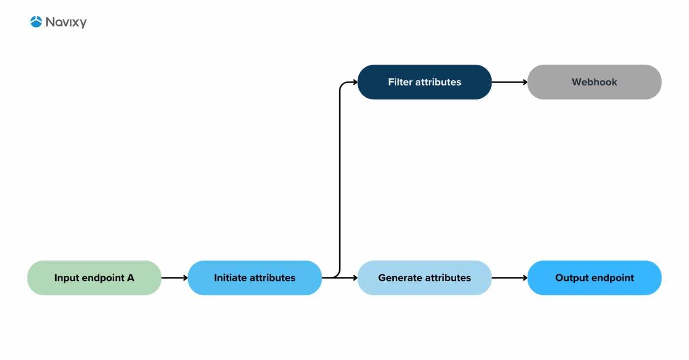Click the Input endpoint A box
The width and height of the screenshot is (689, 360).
point(94,278)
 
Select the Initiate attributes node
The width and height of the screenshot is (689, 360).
point(254,278)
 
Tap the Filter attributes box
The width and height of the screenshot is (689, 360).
point(424,82)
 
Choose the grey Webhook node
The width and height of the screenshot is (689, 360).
point(594,82)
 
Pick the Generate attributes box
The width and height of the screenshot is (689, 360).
point(424,278)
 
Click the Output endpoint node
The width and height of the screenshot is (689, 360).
point(594,278)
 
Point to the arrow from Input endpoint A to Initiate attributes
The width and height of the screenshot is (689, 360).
point(174,278)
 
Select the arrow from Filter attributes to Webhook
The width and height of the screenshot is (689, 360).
point(509,82)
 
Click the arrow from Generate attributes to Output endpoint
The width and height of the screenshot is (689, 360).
point(509,278)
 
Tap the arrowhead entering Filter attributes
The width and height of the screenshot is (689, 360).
point(355,82)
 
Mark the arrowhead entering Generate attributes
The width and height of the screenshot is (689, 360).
point(355,278)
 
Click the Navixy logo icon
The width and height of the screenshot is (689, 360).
point(36,22)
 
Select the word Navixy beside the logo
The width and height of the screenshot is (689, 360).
point(66,22)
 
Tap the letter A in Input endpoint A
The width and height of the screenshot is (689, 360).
point(130,278)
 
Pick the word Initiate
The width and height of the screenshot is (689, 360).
point(230,278)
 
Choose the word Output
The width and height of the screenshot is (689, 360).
point(572,278)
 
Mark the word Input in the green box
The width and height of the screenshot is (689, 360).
point(66,278)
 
